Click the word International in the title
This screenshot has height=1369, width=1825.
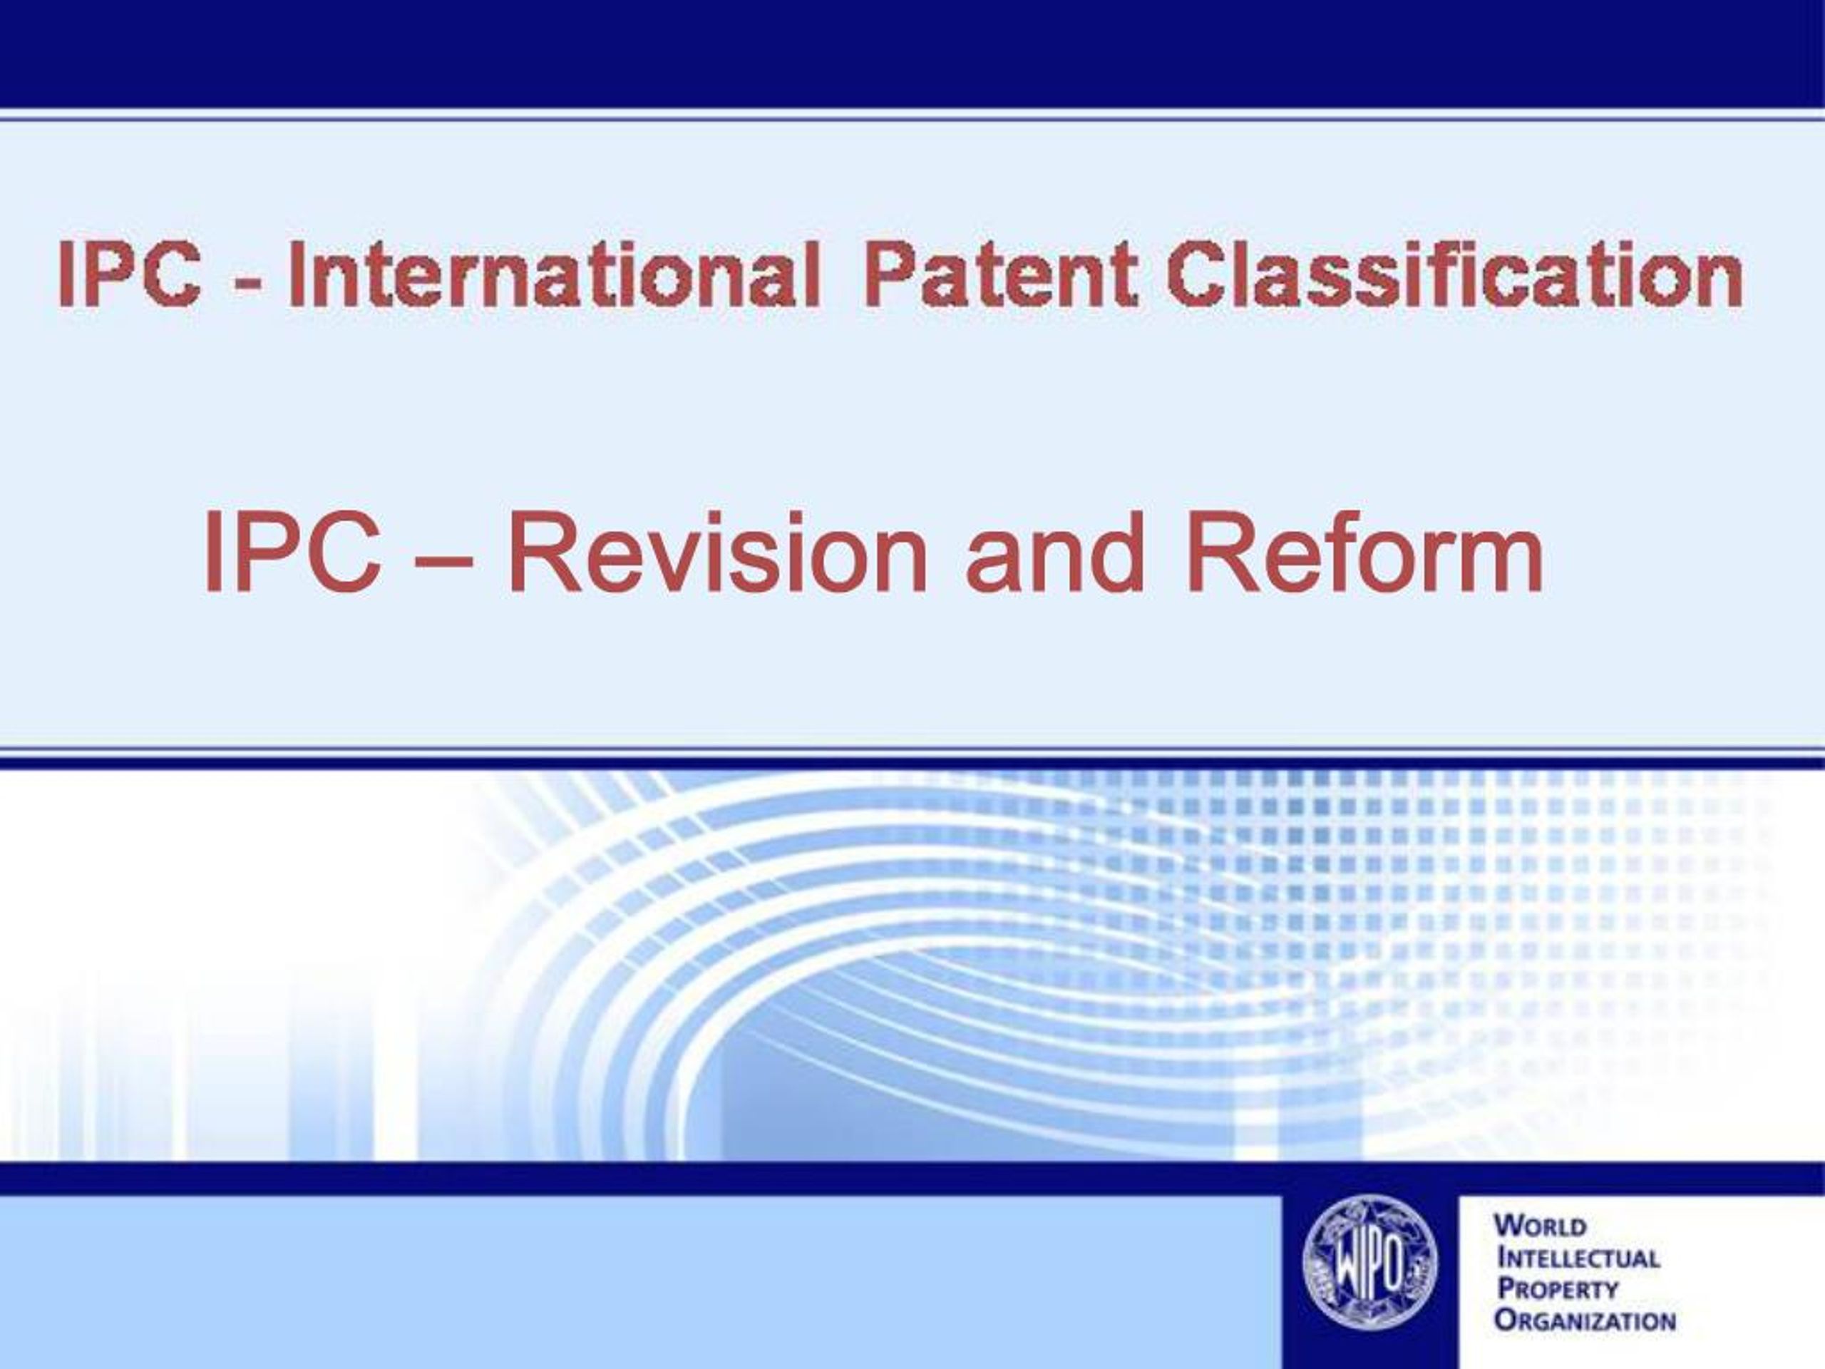point(554,274)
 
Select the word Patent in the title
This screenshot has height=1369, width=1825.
point(1000,274)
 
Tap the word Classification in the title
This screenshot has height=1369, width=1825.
point(1454,274)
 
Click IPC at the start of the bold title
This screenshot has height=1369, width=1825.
point(130,274)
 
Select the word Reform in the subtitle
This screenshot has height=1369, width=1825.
point(1364,552)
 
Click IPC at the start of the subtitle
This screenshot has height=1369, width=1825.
point(293,552)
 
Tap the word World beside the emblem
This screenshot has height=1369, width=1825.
point(1541,1226)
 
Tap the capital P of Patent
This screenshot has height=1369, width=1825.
point(890,274)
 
